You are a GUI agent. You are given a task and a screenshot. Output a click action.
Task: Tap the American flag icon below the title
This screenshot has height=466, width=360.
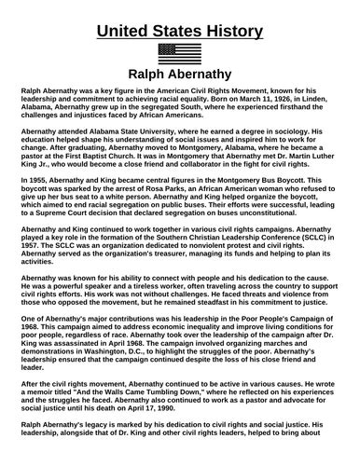point(180,53)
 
